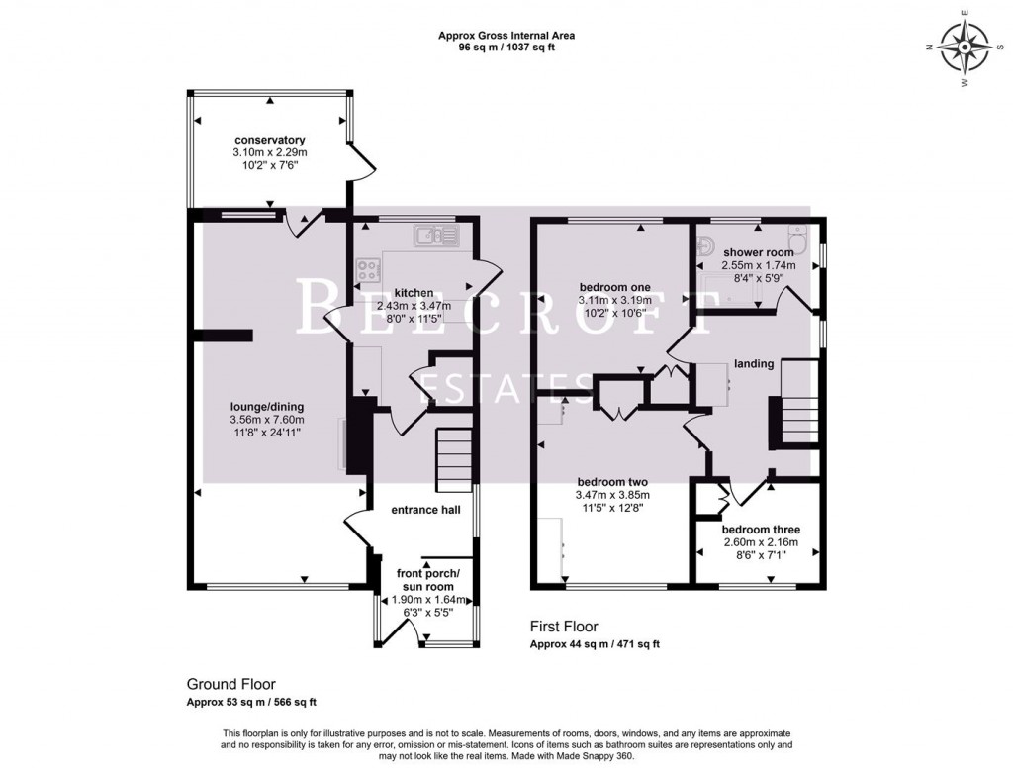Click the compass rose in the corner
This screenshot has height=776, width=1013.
964,48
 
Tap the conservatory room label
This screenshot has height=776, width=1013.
269,140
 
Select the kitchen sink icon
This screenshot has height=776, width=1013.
435,235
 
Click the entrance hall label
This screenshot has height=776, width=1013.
407,512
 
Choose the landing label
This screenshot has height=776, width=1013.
753,363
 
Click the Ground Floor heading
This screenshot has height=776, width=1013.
230,684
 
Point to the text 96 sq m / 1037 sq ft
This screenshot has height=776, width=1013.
506,47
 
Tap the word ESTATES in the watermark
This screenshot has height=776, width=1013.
504,389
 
